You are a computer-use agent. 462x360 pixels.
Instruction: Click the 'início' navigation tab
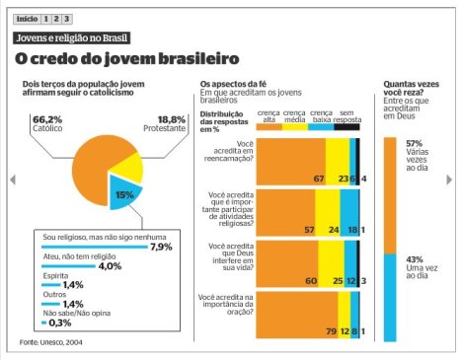click(x=27, y=19)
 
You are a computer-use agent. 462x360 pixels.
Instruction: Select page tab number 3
click(x=68, y=19)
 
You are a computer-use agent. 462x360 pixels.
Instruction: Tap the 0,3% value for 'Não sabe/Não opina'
click(x=60, y=322)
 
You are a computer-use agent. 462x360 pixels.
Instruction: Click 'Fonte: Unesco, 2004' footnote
click(x=51, y=342)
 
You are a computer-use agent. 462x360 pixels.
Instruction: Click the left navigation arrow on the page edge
click(x=11, y=180)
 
